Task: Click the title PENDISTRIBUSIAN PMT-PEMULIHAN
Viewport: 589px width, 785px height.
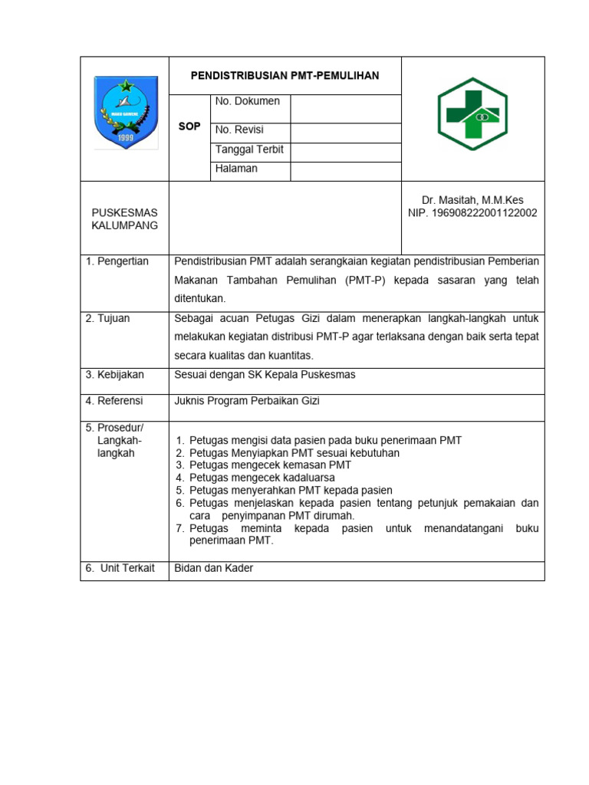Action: [x=285, y=76]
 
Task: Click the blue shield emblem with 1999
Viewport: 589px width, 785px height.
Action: [x=126, y=113]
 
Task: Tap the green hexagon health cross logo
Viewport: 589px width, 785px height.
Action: [x=472, y=114]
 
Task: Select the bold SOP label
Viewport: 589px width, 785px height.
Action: [x=189, y=126]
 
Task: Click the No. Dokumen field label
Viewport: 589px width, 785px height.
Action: [x=248, y=101]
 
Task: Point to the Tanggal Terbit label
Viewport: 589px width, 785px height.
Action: [x=249, y=149]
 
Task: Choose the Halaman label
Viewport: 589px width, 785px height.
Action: [x=236, y=169]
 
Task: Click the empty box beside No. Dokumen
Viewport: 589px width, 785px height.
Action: [x=345, y=109]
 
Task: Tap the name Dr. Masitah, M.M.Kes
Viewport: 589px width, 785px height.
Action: [x=472, y=200]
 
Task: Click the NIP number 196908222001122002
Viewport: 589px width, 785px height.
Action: [x=472, y=213]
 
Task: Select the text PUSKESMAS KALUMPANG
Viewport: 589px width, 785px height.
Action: [x=124, y=218]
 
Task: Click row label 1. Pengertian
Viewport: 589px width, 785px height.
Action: [x=117, y=261]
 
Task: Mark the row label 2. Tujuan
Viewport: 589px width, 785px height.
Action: [x=108, y=319]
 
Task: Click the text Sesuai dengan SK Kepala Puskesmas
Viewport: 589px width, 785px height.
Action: [x=265, y=375]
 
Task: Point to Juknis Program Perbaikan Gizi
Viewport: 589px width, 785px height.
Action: [x=247, y=401]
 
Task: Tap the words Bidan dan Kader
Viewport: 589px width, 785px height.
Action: [x=214, y=568]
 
